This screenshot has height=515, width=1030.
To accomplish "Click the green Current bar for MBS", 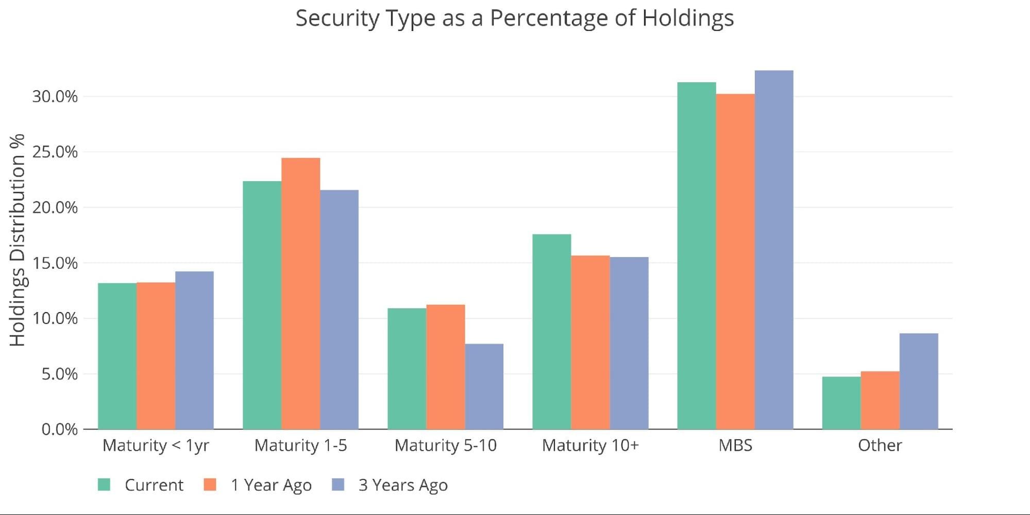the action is (x=697, y=255).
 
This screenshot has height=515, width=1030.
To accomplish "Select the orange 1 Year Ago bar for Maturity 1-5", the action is (x=301, y=294).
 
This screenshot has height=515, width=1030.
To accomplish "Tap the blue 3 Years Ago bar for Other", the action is (x=919, y=381).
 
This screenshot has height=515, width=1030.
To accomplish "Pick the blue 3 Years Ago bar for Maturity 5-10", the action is (x=484, y=386).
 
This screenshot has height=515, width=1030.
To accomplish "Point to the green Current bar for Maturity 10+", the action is (x=552, y=332).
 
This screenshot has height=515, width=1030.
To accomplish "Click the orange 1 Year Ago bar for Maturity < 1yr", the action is (x=156, y=356).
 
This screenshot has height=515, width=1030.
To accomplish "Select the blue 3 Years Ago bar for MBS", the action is (x=774, y=250).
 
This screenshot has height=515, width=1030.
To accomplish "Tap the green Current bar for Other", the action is (x=841, y=403).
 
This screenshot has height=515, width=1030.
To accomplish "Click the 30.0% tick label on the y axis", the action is (x=55, y=96).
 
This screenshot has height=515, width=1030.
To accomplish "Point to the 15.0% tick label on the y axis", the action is (x=55, y=263).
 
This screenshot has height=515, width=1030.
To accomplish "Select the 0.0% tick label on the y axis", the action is (x=60, y=429).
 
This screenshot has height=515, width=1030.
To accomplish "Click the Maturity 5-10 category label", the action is (x=446, y=445).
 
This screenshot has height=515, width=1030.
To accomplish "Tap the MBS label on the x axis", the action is (x=735, y=445).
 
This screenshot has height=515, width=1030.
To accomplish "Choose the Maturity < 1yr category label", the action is (x=156, y=445).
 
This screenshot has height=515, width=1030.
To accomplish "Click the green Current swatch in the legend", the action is (x=104, y=485).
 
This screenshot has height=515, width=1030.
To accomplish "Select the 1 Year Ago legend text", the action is (x=271, y=485).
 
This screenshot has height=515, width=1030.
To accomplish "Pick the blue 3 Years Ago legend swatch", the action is (x=338, y=485).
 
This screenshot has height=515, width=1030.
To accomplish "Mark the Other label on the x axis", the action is (x=880, y=445).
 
